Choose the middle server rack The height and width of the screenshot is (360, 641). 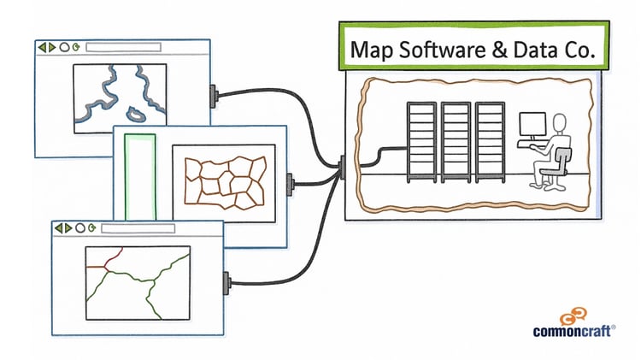456,140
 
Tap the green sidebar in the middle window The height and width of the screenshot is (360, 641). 140,176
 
